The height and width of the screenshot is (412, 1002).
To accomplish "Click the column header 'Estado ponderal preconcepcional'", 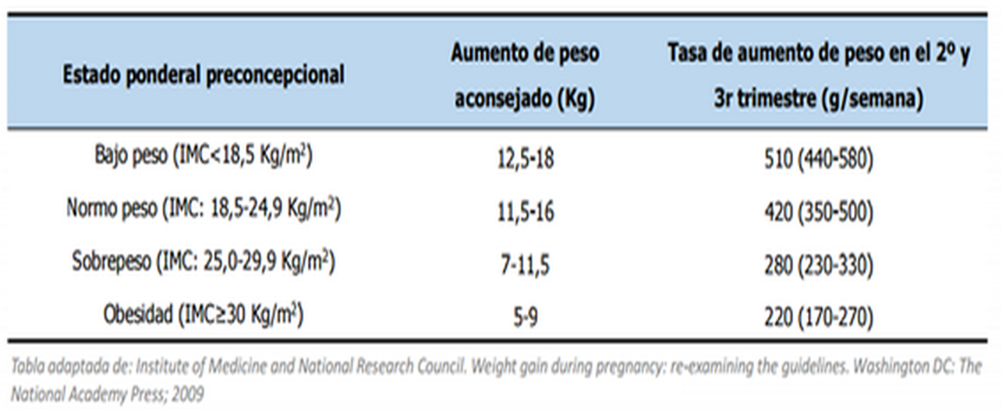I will [204, 75].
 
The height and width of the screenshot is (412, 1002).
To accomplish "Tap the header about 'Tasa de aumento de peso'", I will [818, 77].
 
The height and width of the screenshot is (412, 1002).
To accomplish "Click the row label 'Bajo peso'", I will [204, 158].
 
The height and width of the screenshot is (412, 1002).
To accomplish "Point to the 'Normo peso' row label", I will [204, 210].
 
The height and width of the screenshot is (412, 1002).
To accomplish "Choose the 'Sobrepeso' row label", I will [204, 263].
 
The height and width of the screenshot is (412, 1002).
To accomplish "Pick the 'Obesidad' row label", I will [204, 315].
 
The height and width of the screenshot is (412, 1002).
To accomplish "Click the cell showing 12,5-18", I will [524, 160].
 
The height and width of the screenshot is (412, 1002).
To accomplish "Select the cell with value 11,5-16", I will [524, 212].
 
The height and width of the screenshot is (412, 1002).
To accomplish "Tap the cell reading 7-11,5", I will [524, 265].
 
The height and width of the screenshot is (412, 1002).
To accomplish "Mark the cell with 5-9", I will [524, 317].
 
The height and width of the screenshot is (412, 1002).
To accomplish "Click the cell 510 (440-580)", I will [818, 160].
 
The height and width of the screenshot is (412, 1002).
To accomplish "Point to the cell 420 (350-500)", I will [818, 212].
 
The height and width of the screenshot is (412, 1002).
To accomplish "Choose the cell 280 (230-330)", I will [818, 265].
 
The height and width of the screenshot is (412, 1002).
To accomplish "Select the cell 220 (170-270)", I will [818, 317].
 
